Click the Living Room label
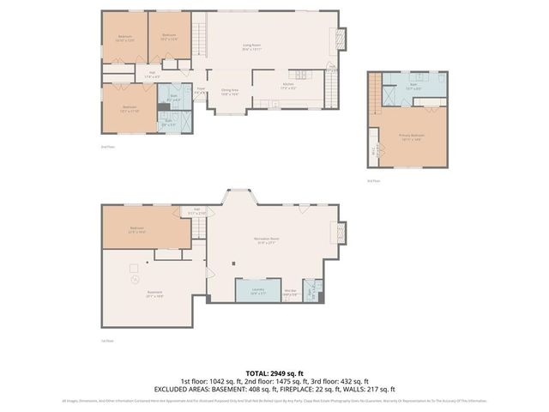coord(250,48)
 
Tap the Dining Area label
coord(230,91)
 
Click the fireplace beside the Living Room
coord(341,39)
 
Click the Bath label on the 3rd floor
coord(412,86)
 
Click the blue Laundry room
coord(257,292)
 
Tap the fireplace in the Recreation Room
coord(341,233)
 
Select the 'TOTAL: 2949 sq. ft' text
coord(274,373)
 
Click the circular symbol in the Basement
coord(133,279)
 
